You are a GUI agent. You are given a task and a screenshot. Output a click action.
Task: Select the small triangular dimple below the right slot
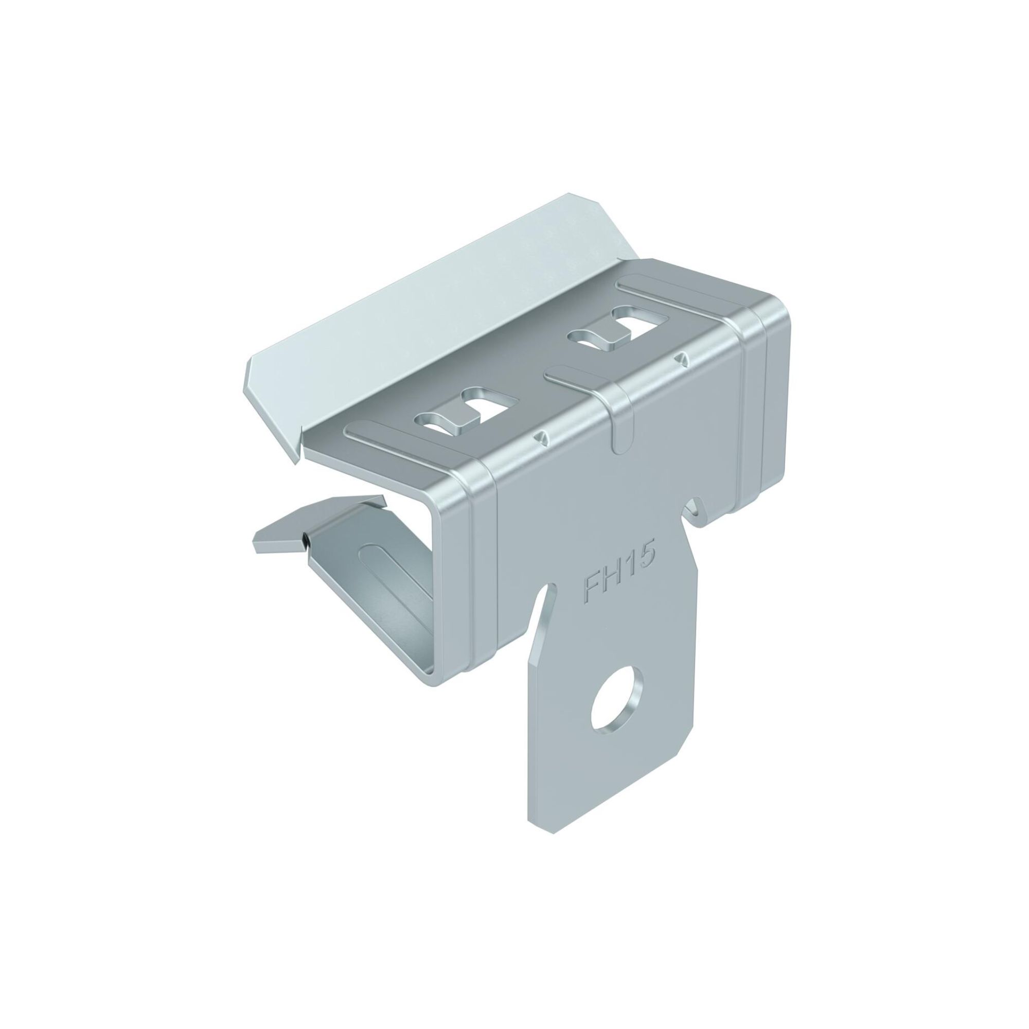(x=681, y=359)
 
